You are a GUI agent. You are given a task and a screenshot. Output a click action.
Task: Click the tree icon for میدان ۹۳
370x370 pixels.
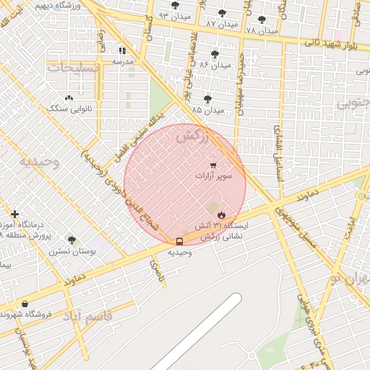coord(175,5)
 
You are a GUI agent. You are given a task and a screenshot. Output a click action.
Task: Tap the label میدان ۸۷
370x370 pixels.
coord(221,24)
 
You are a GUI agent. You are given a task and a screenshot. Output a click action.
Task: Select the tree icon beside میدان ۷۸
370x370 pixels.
coord(262,20)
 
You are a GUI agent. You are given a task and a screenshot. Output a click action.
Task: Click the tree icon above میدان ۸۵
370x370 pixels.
coord(208,99)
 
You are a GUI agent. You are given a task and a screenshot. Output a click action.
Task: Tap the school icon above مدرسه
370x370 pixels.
coord(123,51)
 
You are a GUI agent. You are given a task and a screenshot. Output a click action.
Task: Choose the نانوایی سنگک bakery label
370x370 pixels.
coord(69,108)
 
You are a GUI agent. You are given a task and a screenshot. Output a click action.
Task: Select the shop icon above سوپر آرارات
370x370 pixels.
coord(212,165)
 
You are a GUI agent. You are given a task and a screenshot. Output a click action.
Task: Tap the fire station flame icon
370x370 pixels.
coord(221,215)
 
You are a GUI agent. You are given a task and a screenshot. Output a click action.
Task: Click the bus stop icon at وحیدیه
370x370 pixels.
coord(179,241)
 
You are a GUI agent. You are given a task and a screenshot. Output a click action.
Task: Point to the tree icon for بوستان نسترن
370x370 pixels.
coord(72,239)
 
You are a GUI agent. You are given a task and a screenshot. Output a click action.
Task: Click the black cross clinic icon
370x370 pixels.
coord(14,214)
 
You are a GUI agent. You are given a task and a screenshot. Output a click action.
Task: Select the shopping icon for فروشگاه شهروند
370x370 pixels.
coord(25,304)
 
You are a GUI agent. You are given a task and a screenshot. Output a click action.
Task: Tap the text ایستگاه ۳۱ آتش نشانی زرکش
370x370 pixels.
coord(224,231)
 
